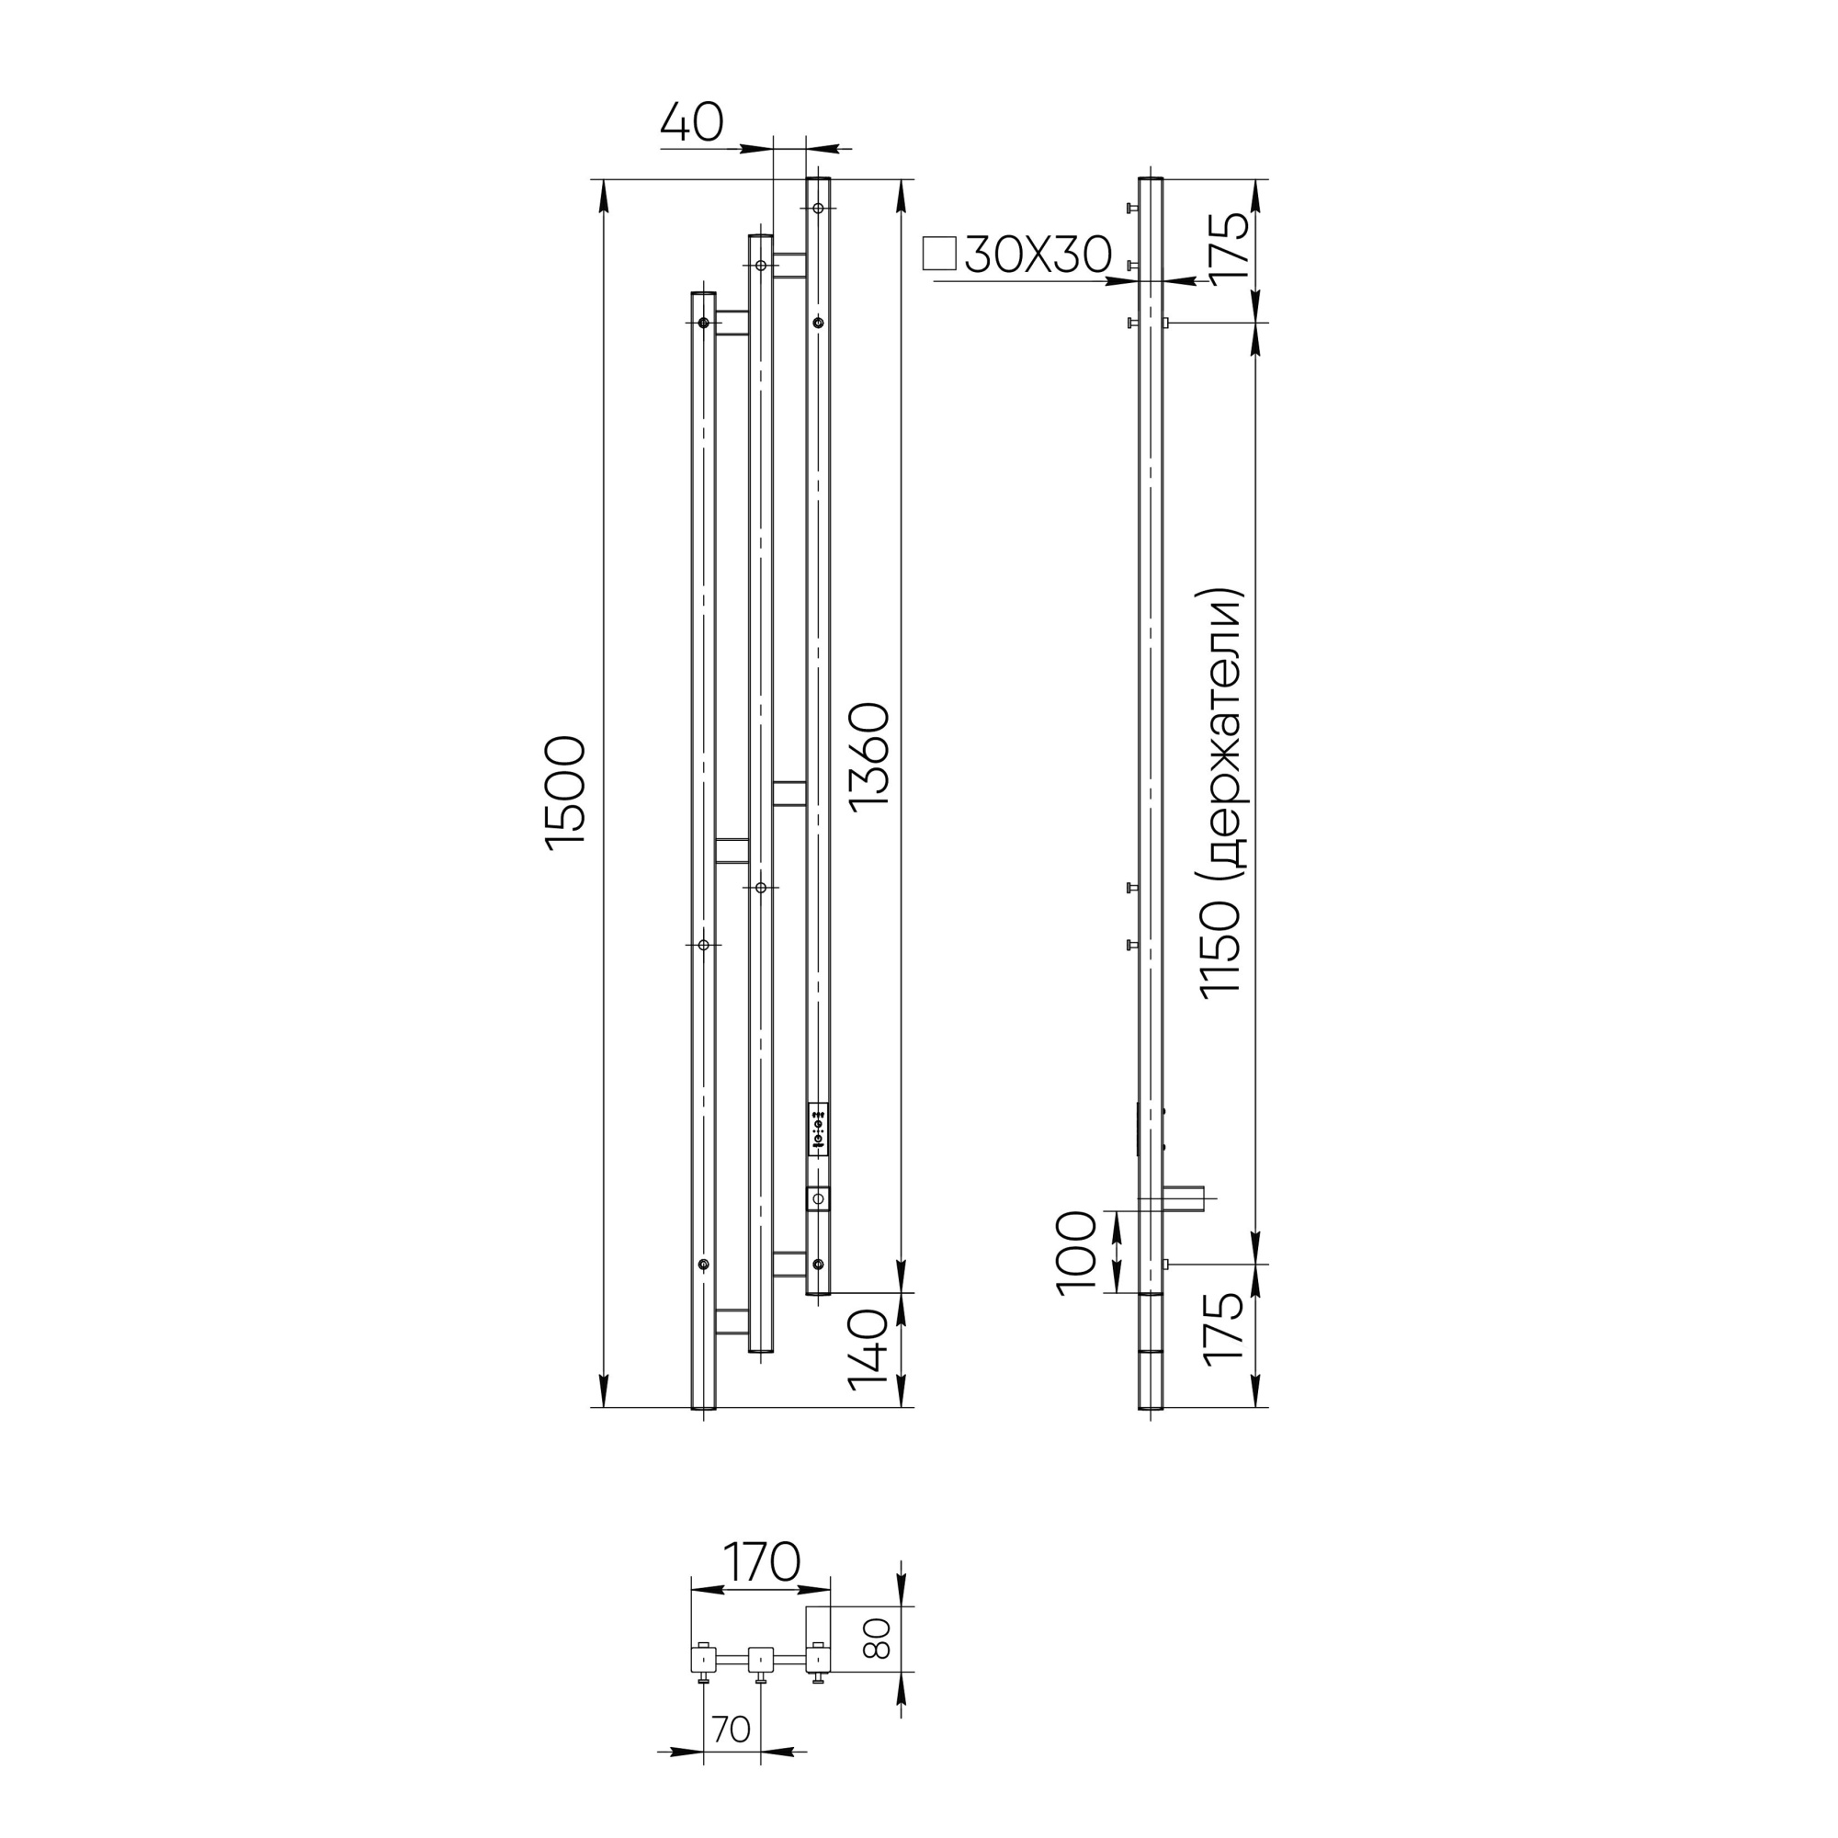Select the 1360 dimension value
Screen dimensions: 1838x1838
coord(869,756)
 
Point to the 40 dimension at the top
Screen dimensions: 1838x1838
coord(692,124)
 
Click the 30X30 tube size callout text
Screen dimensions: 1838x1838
coord(1038,255)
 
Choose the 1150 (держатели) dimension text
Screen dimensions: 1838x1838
coord(1221,791)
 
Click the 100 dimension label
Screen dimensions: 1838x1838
coord(1078,1252)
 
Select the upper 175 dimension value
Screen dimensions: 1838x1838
coord(1228,245)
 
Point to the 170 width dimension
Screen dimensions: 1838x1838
coord(761,1562)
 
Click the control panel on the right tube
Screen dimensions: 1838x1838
coord(818,1129)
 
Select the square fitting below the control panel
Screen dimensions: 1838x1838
coord(818,1198)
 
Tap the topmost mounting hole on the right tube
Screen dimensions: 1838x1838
coord(818,209)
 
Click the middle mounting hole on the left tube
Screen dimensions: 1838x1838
coord(703,945)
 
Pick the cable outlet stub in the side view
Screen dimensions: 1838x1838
coord(1185,1198)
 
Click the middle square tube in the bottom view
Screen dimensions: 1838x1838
coord(760,1661)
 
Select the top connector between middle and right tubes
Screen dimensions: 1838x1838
coord(789,265)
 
